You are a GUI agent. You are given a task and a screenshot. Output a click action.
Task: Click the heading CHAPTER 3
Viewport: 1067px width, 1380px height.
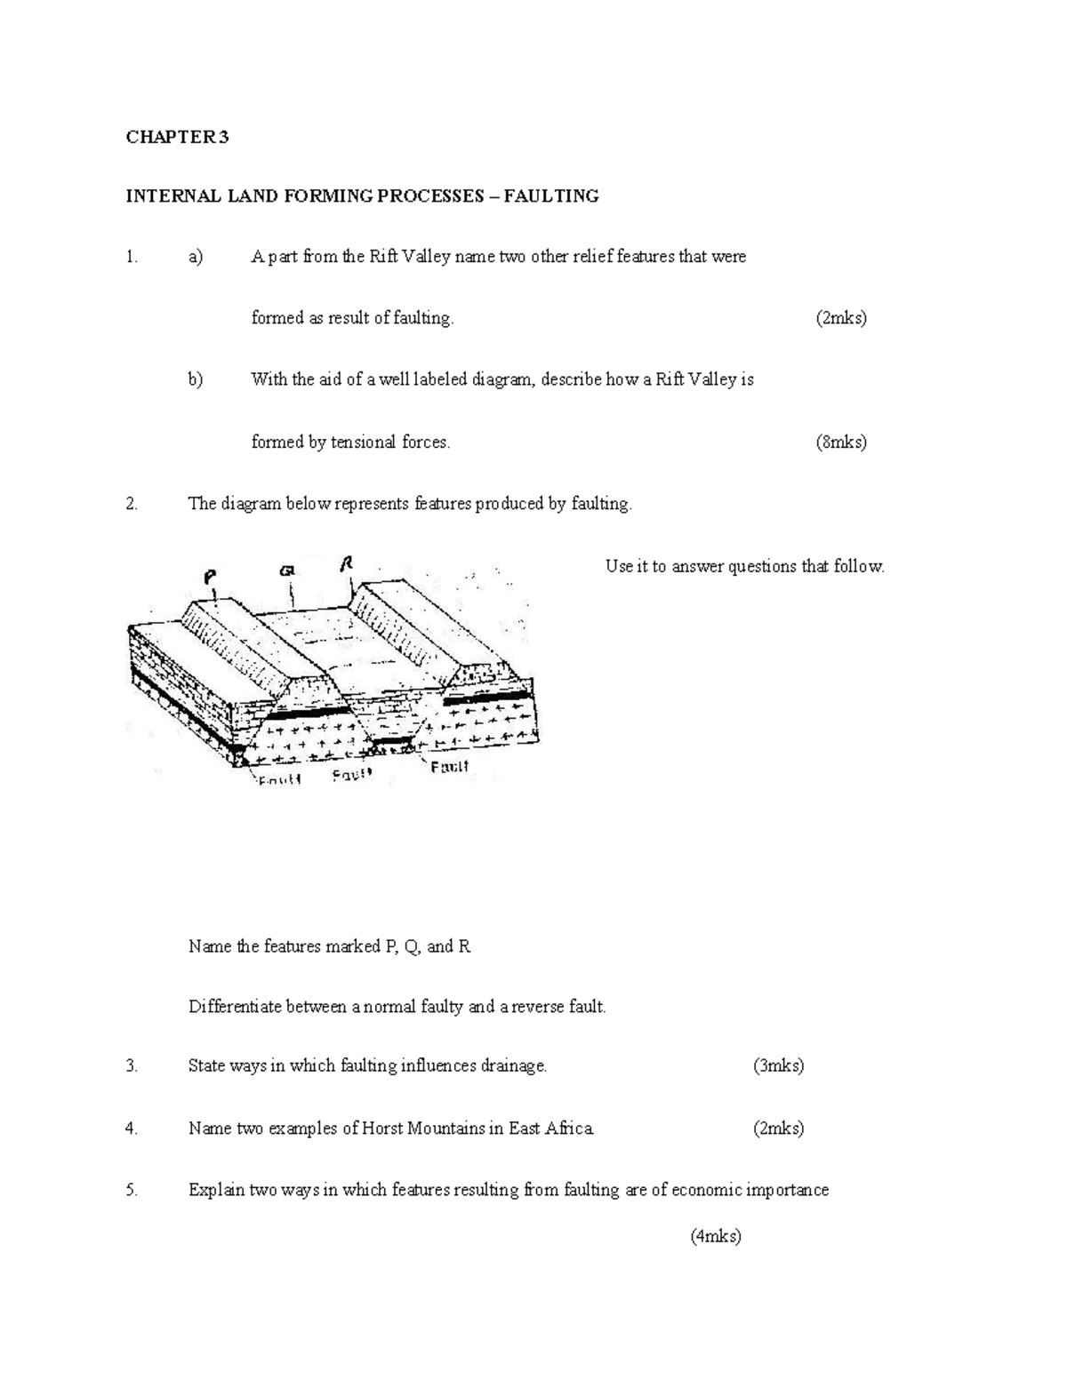tap(177, 137)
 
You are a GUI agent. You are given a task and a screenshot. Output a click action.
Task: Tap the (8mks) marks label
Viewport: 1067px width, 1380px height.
tap(840, 442)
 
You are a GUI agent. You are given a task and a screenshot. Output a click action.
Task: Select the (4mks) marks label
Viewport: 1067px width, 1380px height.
tap(716, 1235)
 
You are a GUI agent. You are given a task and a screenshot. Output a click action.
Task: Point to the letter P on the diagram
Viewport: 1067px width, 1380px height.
tap(210, 577)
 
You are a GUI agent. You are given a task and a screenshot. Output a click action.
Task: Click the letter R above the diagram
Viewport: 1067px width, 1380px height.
tap(347, 564)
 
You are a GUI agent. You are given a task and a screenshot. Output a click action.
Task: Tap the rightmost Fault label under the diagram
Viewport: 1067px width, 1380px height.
tap(449, 766)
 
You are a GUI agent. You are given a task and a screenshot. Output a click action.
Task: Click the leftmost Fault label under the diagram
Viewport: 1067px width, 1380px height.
tap(280, 780)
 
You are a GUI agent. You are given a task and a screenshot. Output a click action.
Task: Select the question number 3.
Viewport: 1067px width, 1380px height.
tap(132, 1065)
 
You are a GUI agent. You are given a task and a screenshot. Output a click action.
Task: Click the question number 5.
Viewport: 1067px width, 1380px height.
tap(132, 1190)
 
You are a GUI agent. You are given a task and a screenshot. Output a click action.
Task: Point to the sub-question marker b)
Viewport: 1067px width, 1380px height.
tap(196, 379)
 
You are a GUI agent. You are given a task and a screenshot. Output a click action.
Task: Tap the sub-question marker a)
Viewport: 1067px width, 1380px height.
tap(196, 257)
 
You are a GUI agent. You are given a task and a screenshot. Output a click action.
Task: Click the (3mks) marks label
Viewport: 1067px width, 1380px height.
tap(778, 1065)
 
